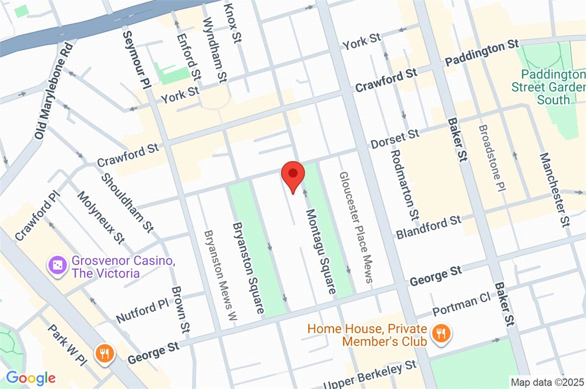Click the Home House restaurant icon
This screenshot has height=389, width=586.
(442, 334)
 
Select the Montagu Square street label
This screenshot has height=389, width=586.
(321, 251)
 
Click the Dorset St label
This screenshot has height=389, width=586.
(395, 139)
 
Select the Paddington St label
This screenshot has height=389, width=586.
(482, 53)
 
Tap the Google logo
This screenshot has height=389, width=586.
(30, 378)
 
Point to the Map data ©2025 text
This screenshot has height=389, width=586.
(546, 382)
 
